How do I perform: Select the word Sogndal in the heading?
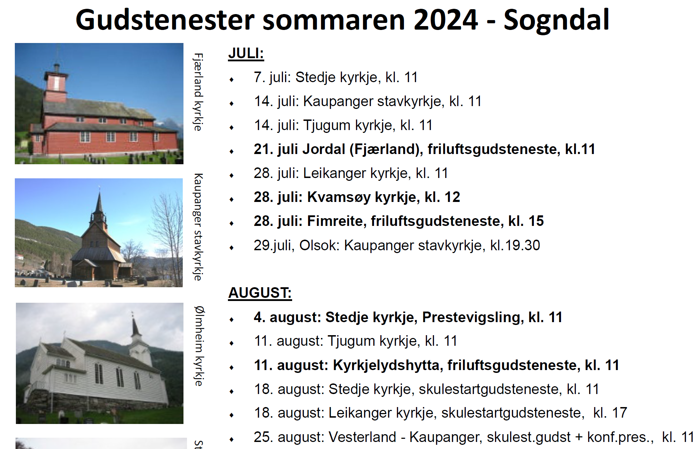(x=556, y=20)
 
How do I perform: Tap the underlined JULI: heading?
(x=246, y=54)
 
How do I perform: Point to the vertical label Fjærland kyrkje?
(x=198, y=92)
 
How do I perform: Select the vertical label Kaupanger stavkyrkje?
(x=198, y=227)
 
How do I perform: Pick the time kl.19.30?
(x=515, y=245)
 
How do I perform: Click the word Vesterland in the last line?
(x=362, y=437)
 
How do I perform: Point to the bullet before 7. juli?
(x=232, y=80)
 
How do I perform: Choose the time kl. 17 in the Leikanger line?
(x=610, y=413)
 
